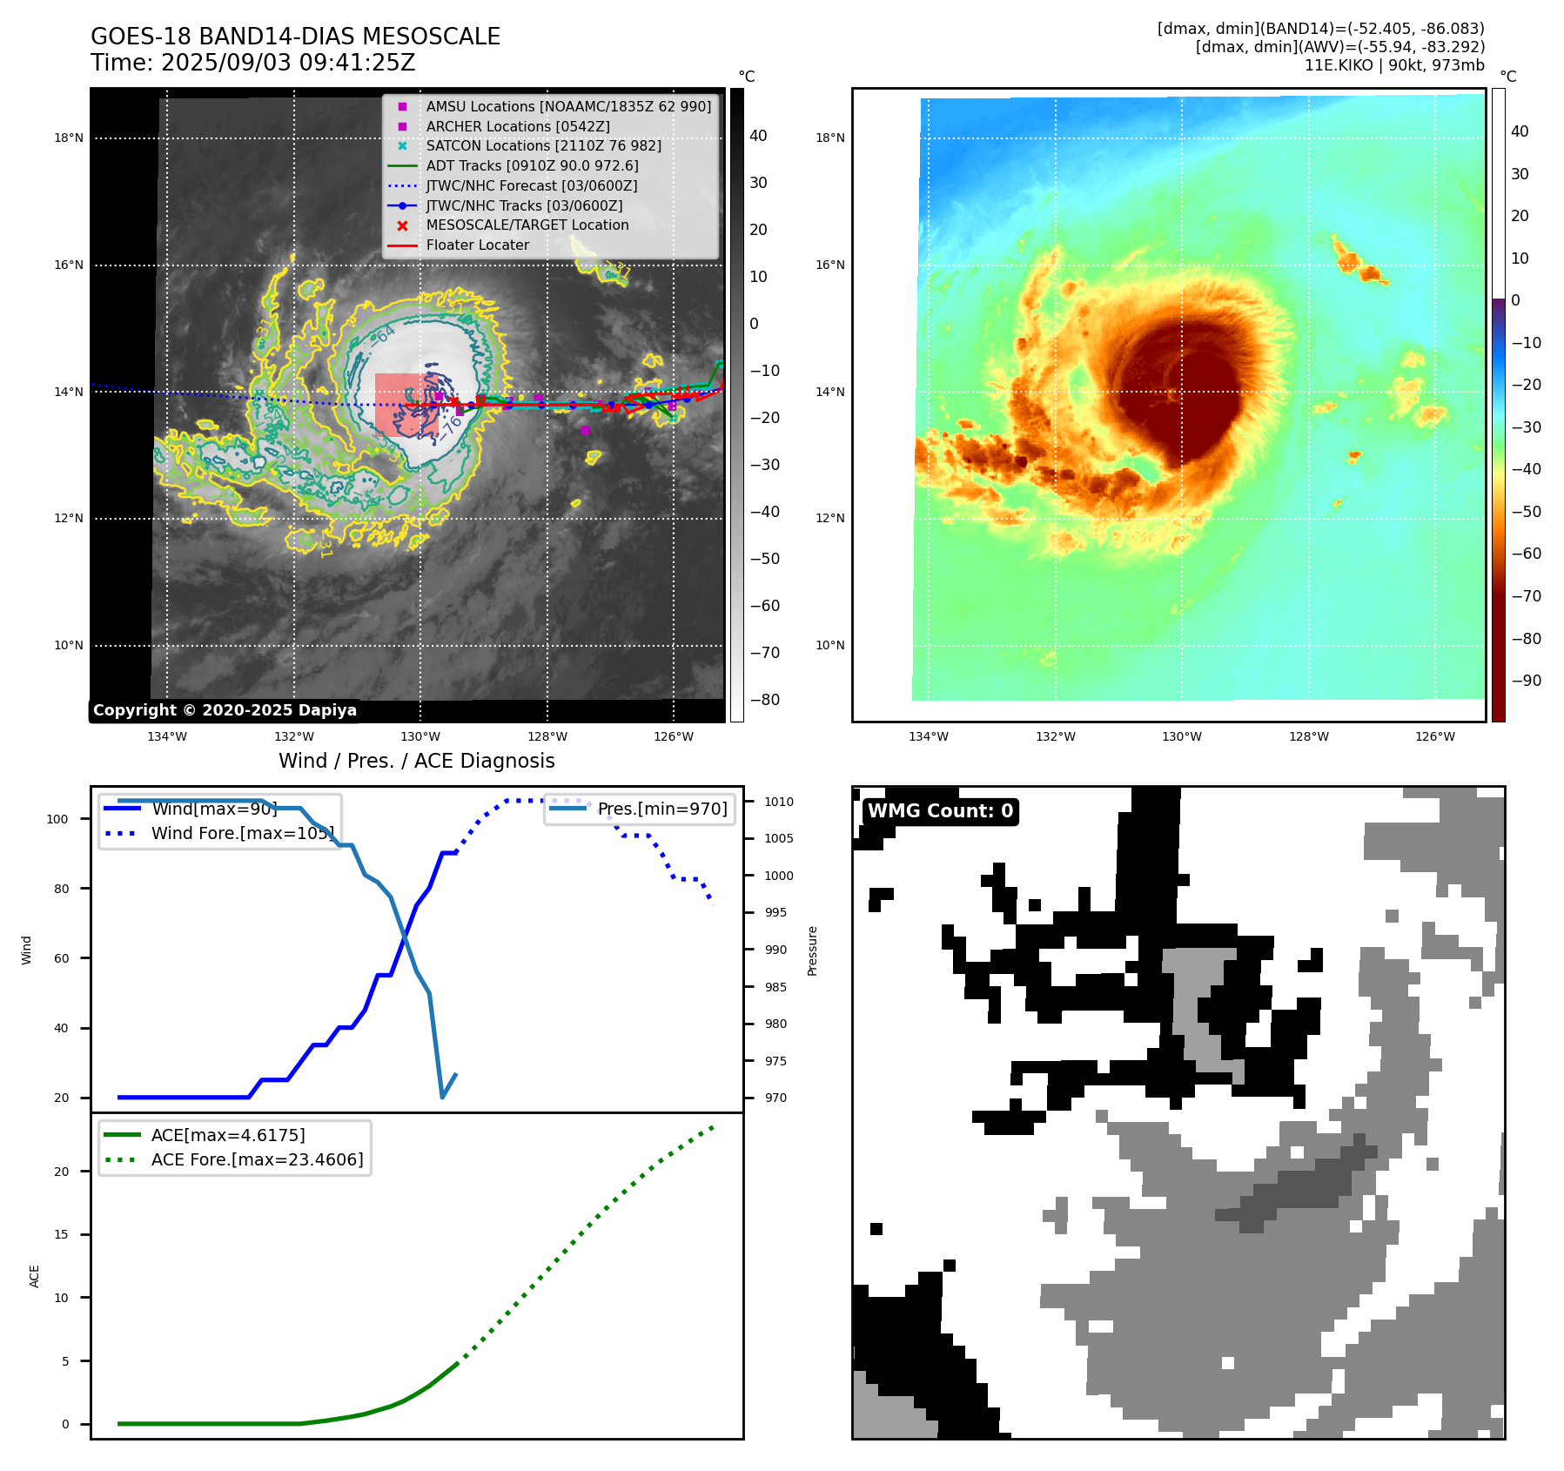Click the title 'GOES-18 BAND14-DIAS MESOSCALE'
(x=295, y=37)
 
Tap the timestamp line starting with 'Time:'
(x=252, y=64)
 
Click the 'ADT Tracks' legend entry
(x=532, y=166)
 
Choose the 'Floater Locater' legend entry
(x=477, y=245)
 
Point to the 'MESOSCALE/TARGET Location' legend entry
(x=527, y=225)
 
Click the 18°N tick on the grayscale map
(x=69, y=138)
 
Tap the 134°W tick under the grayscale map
(x=166, y=737)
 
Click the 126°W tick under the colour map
(x=1434, y=737)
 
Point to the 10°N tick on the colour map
(x=830, y=646)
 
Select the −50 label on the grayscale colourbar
(x=765, y=559)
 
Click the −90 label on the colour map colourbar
(x=1526, y=681)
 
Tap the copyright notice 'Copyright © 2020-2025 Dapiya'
(x=225, y=710)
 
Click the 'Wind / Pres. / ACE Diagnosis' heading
(x=416, y=761)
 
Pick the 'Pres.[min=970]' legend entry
(x=661, y=809)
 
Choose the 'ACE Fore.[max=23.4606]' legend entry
(x=257, y=1159)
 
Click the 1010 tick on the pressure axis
(x=779, y=802)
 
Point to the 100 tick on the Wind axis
(x=57, y=819)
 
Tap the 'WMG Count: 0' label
(x=940, y=811)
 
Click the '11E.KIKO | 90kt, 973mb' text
(x=1394, y=65)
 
